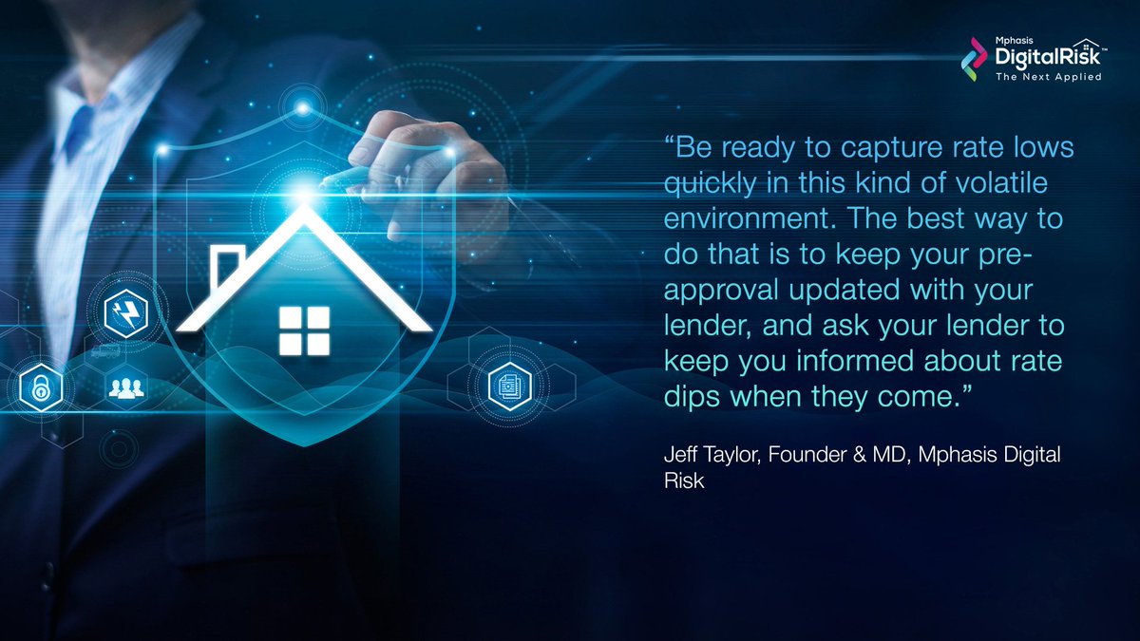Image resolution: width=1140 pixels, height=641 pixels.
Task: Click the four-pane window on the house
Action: (304, 330)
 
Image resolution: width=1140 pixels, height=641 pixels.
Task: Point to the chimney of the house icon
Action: (226, 265)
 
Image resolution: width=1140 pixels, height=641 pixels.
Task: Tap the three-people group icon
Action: (123, 387)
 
